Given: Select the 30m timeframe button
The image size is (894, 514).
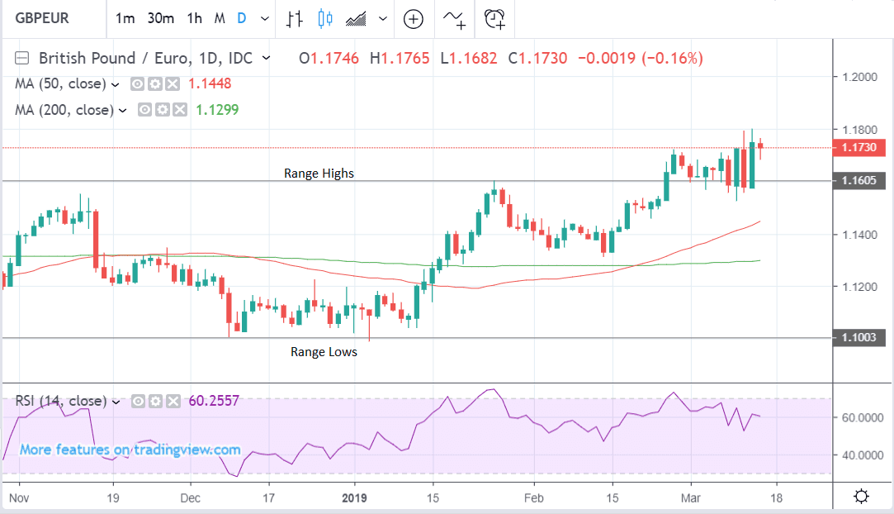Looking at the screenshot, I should [x=160, y=18].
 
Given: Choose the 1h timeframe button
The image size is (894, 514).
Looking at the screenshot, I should [x=194, y=18].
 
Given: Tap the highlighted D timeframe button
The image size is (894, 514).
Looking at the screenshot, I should [x=241, y=18].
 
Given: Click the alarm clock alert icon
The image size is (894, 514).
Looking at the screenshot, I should [x=495, y=18].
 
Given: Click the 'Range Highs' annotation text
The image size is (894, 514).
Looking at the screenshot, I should [x=319, y=174].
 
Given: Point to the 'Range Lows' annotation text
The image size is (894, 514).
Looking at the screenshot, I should [x=324, y=352].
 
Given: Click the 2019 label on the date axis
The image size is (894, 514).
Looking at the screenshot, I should [x=353, y=498].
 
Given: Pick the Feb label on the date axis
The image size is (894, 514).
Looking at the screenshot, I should [x=533, y=498].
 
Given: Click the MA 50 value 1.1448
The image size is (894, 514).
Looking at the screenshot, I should [x=210, y=83].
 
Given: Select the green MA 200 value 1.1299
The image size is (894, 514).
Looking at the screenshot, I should [x=217, y=109].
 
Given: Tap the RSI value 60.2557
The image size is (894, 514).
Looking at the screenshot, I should [x=214, y=401].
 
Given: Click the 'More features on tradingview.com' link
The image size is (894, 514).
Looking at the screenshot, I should [x=130, y=450].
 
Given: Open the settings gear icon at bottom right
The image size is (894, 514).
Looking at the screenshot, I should [x=861, y=497].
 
